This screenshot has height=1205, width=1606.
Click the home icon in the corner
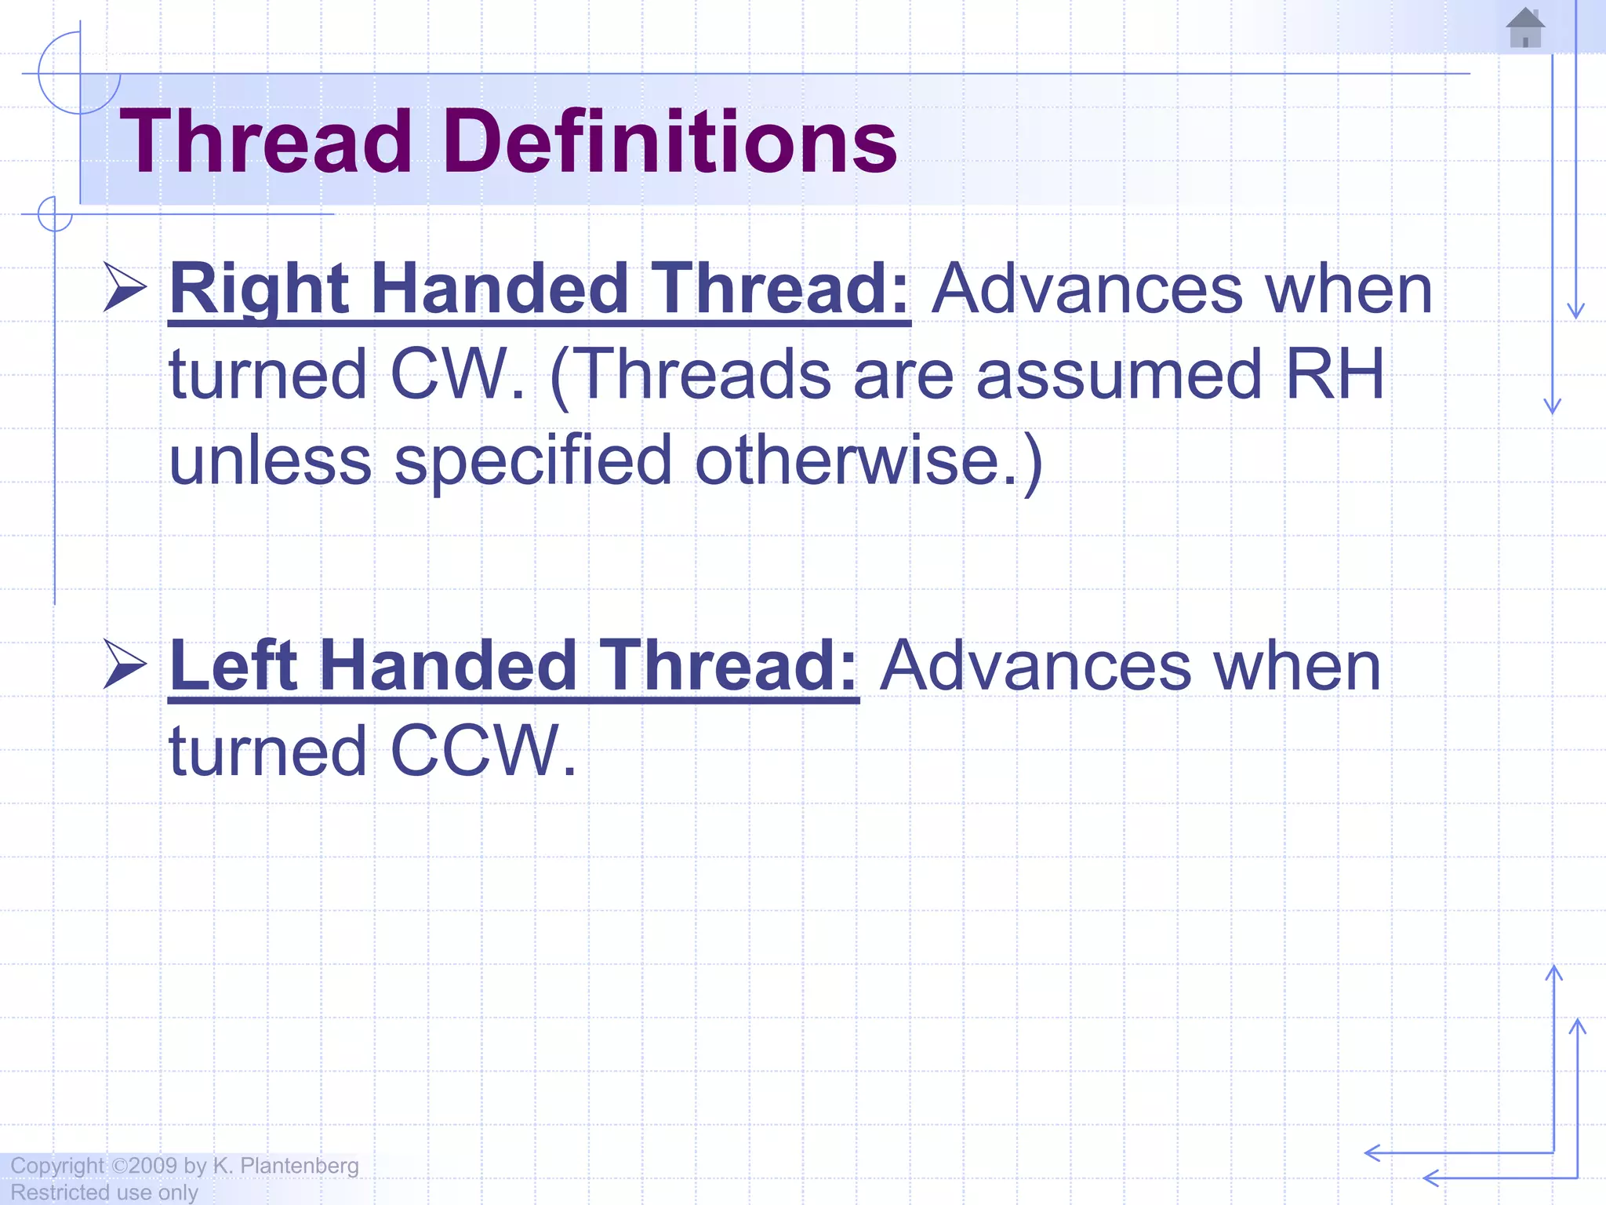[x=1525, y=28]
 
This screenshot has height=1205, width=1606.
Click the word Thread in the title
[x=266, y=142]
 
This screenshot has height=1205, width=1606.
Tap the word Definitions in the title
[x=670, y=142]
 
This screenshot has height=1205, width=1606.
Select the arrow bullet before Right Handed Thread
[x=125, y=288]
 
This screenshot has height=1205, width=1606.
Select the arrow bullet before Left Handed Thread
[x=125, y=664]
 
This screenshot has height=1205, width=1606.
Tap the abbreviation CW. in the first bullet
[x=457, y=374]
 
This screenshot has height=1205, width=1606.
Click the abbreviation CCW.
[x=483, y=751]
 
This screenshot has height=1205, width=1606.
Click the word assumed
[x=1119, y=374]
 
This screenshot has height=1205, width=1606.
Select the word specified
[x=533, y=461]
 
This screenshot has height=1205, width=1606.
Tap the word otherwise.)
[x=869, y=461]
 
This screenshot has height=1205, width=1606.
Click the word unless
[x=271, y=461]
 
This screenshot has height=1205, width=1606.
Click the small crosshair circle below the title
[x=55, y=214]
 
